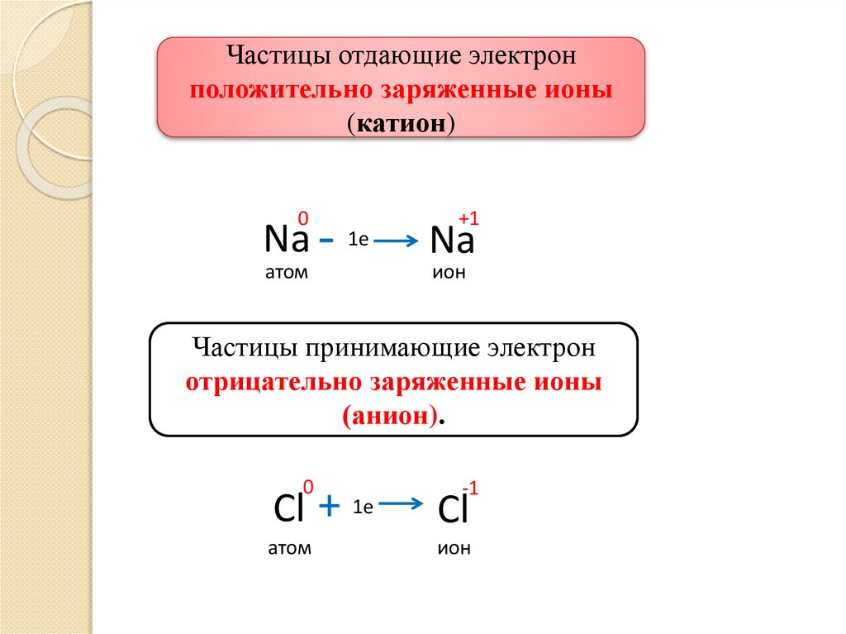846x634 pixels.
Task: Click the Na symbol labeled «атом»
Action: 286,241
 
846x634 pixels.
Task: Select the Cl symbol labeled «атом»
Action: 288,510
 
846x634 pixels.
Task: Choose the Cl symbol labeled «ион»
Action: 454,510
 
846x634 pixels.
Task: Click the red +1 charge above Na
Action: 468,218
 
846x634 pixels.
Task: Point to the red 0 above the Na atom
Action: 303,217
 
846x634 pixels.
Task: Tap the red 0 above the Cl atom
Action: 309,485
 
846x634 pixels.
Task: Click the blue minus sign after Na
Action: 326,241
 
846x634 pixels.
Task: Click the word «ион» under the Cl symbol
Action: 454,548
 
